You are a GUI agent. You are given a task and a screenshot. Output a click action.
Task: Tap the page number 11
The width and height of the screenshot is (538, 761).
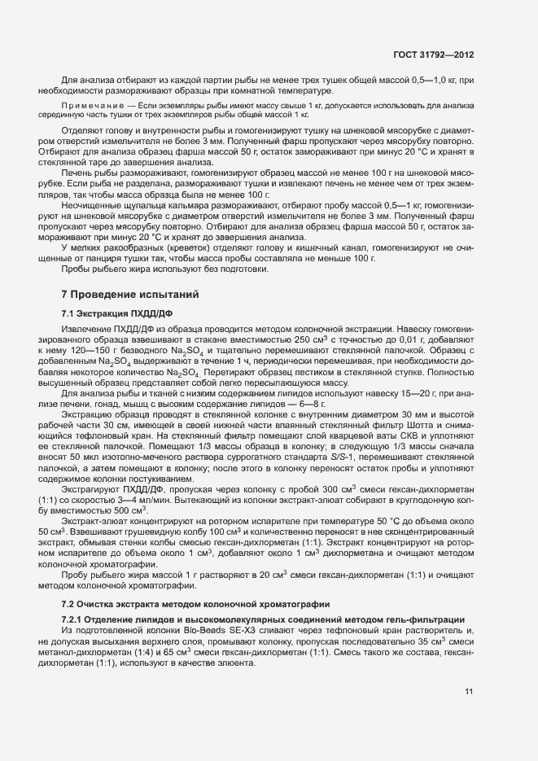pyautogui.click(x=469, y=692)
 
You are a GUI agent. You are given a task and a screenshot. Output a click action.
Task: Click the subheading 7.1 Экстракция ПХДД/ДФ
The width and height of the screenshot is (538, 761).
pyautogui.click(x=116, y=313)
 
